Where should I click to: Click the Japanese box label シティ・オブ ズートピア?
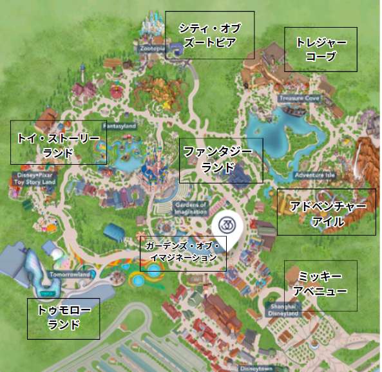(x=209, y=35)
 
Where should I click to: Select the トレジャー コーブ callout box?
(x=320, y=49)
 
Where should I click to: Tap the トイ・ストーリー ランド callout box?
(x=58, y=142)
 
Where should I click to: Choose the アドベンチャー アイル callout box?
(x=326, y=212)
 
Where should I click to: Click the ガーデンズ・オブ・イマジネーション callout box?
(x=183, y=252)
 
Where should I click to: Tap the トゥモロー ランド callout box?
(x=63, y=318)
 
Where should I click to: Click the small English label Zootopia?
(x=151, y=48)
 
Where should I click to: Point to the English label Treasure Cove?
(x=299, y=98)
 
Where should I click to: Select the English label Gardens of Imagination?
(x=190, y=208)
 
